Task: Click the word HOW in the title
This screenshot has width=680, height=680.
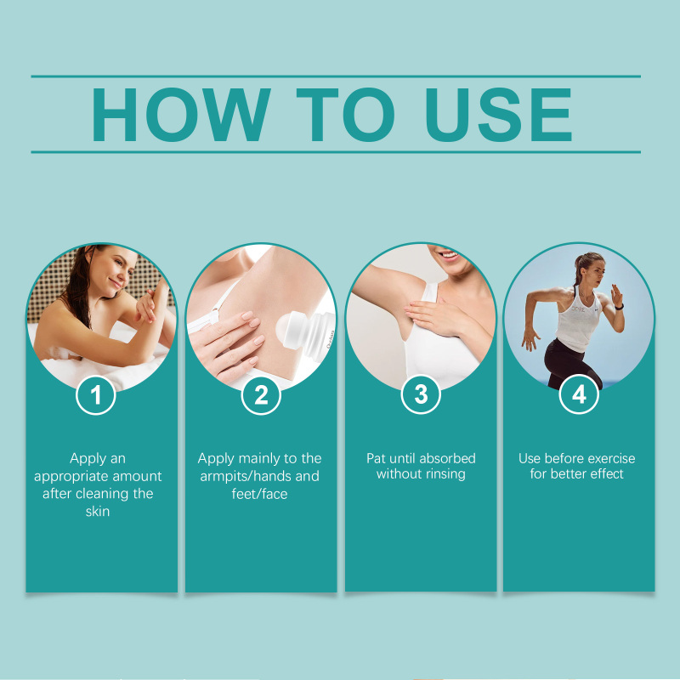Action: pos(181,115)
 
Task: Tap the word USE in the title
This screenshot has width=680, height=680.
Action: pos(499,115)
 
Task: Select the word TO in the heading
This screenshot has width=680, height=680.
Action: pos(346,115)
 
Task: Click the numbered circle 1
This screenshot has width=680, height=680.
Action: pos(95,395)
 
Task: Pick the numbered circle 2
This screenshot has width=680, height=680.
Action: pos(261,395)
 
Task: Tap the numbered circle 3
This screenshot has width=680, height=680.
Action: pos(421,394)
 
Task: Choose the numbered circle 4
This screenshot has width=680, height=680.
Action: pos(579,394)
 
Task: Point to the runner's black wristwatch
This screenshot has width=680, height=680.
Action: pos(619,307)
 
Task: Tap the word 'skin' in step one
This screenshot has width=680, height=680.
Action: pos(98,512)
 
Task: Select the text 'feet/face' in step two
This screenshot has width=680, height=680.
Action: pos(259,494)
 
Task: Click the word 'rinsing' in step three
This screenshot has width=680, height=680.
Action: pos(444,474)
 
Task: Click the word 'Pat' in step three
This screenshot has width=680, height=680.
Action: pos(376,458)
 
